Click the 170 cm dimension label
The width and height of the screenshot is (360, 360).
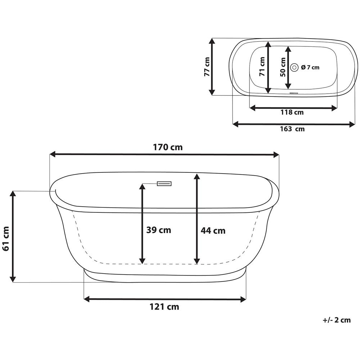(168, 147)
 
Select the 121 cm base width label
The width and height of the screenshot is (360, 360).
(164, 307)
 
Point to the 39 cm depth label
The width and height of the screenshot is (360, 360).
(159, 230)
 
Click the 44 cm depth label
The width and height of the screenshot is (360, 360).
(213, 231)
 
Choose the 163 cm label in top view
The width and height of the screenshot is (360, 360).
(292, 129)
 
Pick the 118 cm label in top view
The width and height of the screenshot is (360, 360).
(292, 112)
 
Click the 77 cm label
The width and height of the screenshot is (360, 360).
(206, 67)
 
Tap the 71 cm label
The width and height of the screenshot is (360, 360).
(262, 67)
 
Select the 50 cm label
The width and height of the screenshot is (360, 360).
(283, 67)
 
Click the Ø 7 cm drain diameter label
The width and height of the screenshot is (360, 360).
(310, 67)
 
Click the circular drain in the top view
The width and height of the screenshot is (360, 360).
(294, 67)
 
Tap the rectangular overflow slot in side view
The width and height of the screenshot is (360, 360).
(164, 184)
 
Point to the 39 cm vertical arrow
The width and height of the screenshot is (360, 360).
(142, 224)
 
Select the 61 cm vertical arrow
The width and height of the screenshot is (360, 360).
(13, 237)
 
